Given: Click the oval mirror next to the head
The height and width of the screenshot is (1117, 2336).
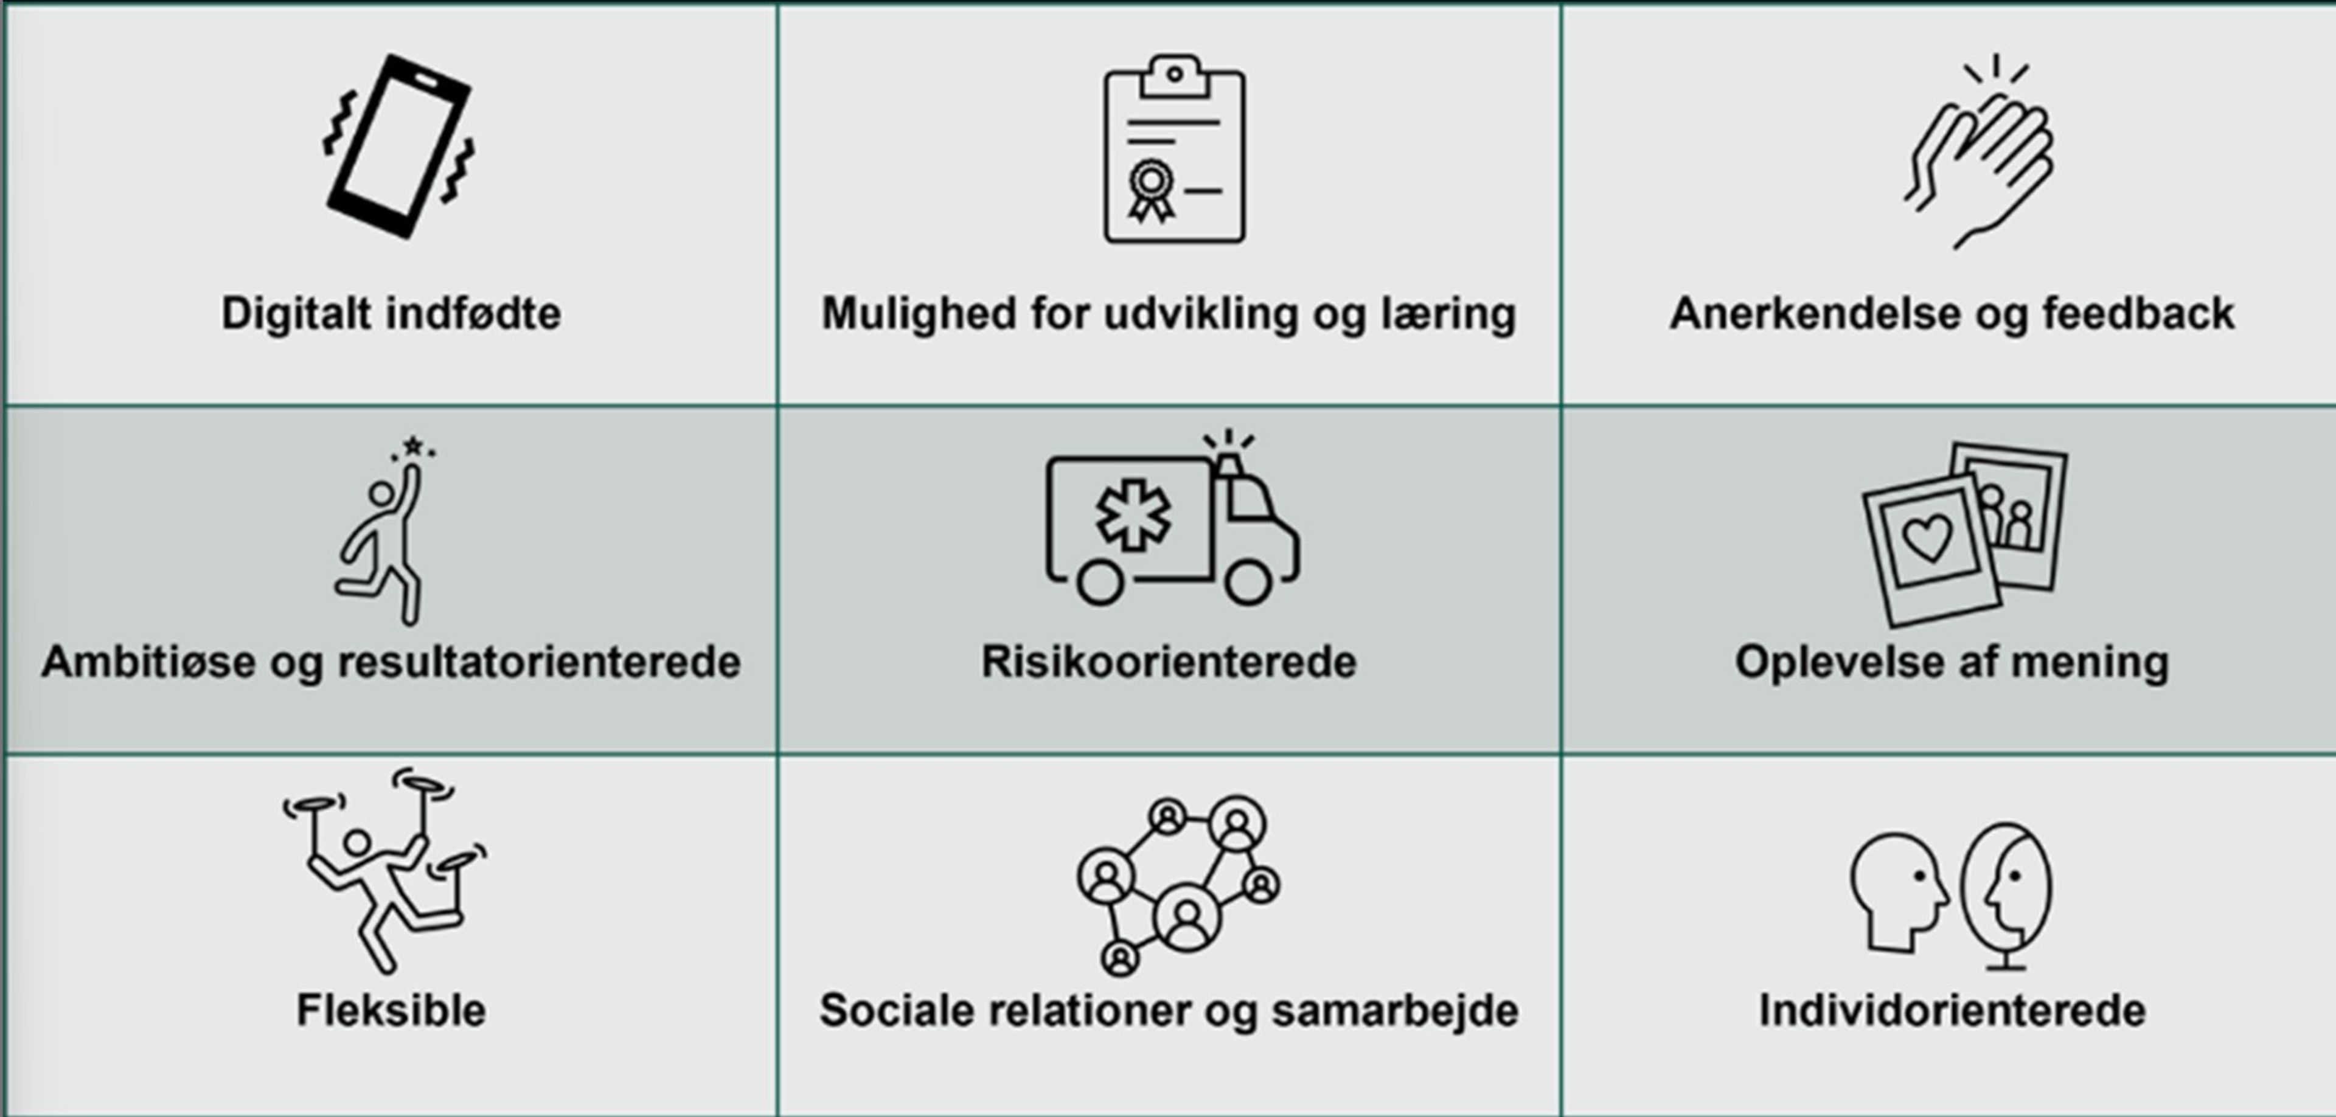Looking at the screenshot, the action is tap(2006, 893).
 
